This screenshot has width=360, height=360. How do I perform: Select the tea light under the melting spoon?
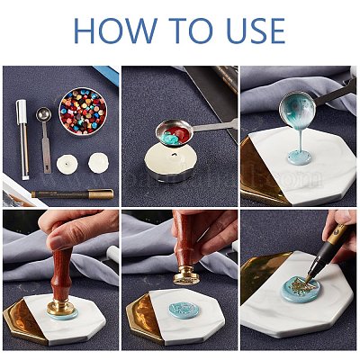[x=166, y=166]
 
